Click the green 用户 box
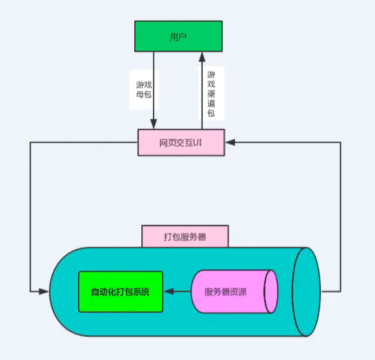178,36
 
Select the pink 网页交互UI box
181,143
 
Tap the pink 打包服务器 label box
185,236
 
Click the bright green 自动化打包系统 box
121,292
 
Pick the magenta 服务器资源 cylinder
234,292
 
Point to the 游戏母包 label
144,90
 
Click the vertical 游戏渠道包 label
211,93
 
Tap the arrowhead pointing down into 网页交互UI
154,124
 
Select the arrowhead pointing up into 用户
202,58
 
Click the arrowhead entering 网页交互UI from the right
230,142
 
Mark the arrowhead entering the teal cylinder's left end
44,292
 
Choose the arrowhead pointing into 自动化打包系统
169,292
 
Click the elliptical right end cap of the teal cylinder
306,292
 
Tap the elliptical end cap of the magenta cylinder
271,292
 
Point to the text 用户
178,37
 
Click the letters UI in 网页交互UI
197,143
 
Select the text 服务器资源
226,292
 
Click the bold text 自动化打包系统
120,292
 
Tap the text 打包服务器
185,237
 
